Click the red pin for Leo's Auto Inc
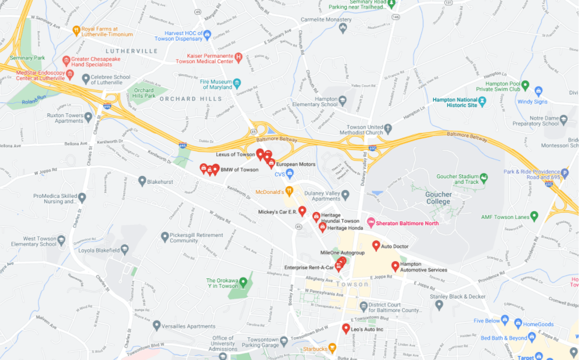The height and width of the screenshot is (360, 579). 346,328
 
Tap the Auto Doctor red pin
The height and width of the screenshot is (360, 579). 376,245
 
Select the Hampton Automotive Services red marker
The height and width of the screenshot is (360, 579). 395,266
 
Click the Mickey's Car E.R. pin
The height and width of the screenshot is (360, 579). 302,211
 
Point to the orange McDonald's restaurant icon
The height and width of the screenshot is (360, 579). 289,191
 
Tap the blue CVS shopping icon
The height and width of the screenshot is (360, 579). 289,173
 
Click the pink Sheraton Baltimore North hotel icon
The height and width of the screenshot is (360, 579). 371,222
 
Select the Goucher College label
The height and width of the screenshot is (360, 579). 438,198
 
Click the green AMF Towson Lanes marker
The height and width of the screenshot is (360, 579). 534,216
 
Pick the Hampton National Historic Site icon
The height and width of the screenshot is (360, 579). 482,102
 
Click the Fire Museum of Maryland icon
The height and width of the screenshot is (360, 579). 237,83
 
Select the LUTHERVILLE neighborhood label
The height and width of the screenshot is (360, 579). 132,51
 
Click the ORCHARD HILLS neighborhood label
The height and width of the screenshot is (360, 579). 191,99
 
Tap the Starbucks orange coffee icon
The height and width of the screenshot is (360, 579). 332,347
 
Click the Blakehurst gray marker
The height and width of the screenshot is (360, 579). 142,181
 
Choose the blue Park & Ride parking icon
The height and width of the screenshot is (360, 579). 565,173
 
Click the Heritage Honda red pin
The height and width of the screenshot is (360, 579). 323,227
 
